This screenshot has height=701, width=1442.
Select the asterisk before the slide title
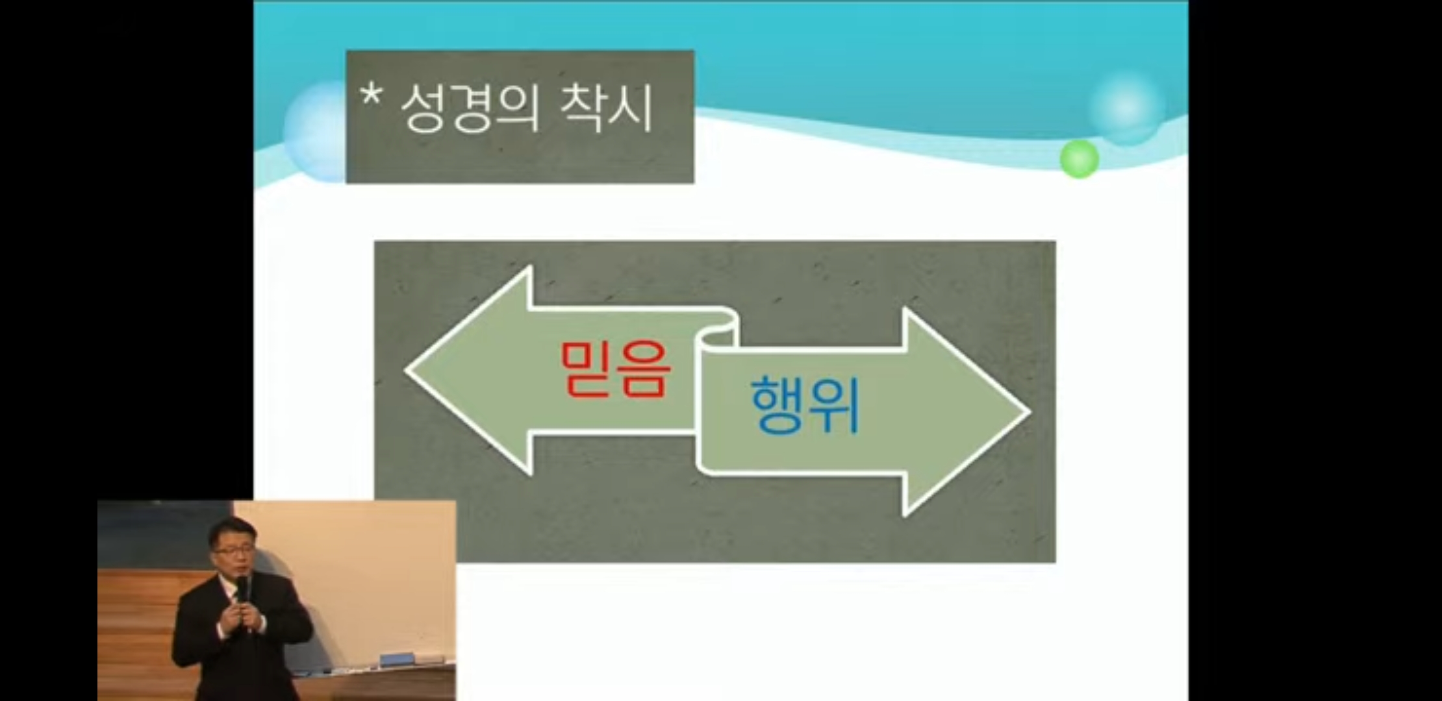pos(372,97)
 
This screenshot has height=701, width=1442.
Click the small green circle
pos(1079,158)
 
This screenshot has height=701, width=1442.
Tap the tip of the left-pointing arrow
pos(407,370)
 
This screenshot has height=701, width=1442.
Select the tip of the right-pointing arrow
pos(1030,412)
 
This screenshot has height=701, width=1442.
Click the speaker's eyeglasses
pos(233,551)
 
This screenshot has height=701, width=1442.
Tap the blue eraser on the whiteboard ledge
pos(396,659)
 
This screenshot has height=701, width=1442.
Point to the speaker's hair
pos(231,529)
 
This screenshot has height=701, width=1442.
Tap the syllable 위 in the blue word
pos(835,405)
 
